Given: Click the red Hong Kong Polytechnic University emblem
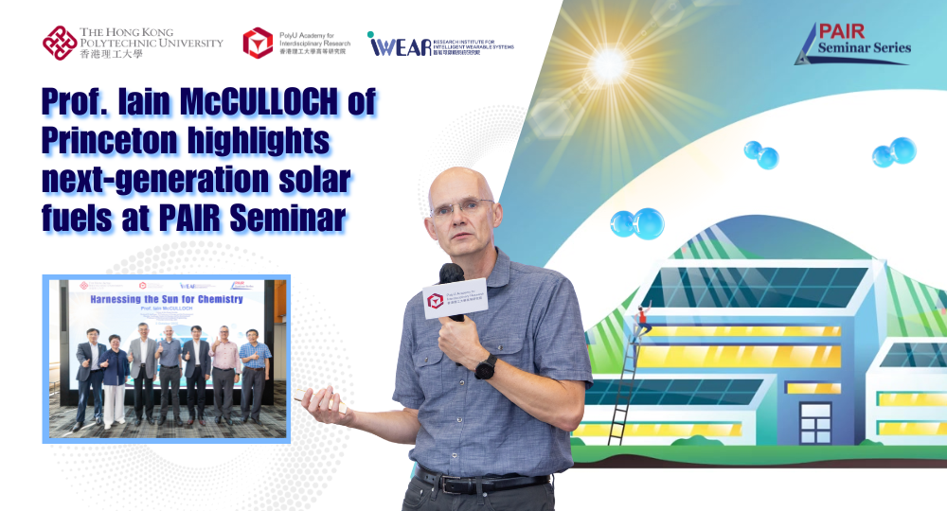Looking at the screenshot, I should coord(60,43).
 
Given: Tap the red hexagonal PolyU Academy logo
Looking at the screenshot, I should coord(258,43).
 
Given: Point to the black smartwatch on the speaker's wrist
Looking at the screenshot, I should coord(486,367).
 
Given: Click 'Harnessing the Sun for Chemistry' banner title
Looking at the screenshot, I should coord(166,299).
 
